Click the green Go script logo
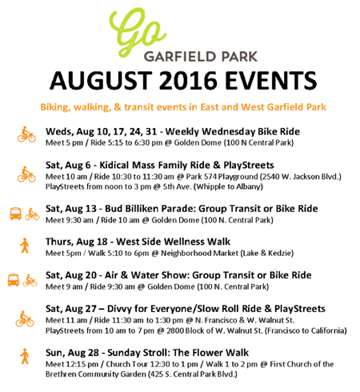click(x=137, y=31)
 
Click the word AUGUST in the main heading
click(x=101, y=80)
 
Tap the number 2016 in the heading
click(x=188, y=80)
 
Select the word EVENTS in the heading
click(x=270, y=80)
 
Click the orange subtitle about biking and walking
click(x=183, y=107)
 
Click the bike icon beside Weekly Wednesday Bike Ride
click(x=26, y=134)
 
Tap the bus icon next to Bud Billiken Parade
click(x=16, y=214)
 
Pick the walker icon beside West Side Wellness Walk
click(x=25, y=246)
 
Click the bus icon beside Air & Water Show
click(x=14, y=280)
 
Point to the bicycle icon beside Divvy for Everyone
click(x=25, y=318)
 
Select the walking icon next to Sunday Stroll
click(x=25, y=356)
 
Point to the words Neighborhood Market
click(x=199, y=253)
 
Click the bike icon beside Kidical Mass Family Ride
click(x=26, y=174)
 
